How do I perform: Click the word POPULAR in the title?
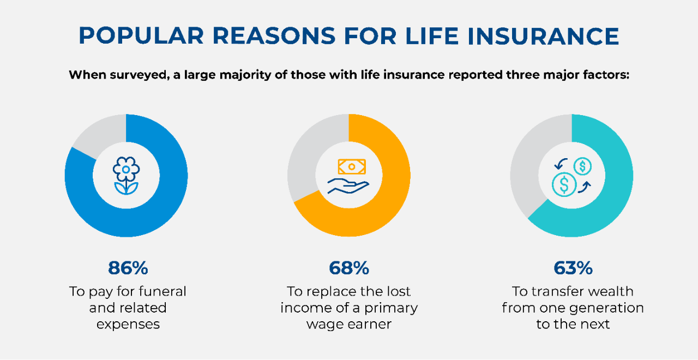(141, 36)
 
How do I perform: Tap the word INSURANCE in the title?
(543, 36)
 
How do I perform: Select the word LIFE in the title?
(432, 36)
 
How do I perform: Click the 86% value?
(128, 268)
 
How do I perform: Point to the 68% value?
(349, 268)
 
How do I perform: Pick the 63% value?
(573, 268)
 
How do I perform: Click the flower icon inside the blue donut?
(126, 176)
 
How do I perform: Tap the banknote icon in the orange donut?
(352, 166)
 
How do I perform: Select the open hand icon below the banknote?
(348, 186)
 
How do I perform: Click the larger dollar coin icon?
(564, 184)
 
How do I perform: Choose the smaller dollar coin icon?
(582, 166)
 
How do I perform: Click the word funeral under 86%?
(163, 291)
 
